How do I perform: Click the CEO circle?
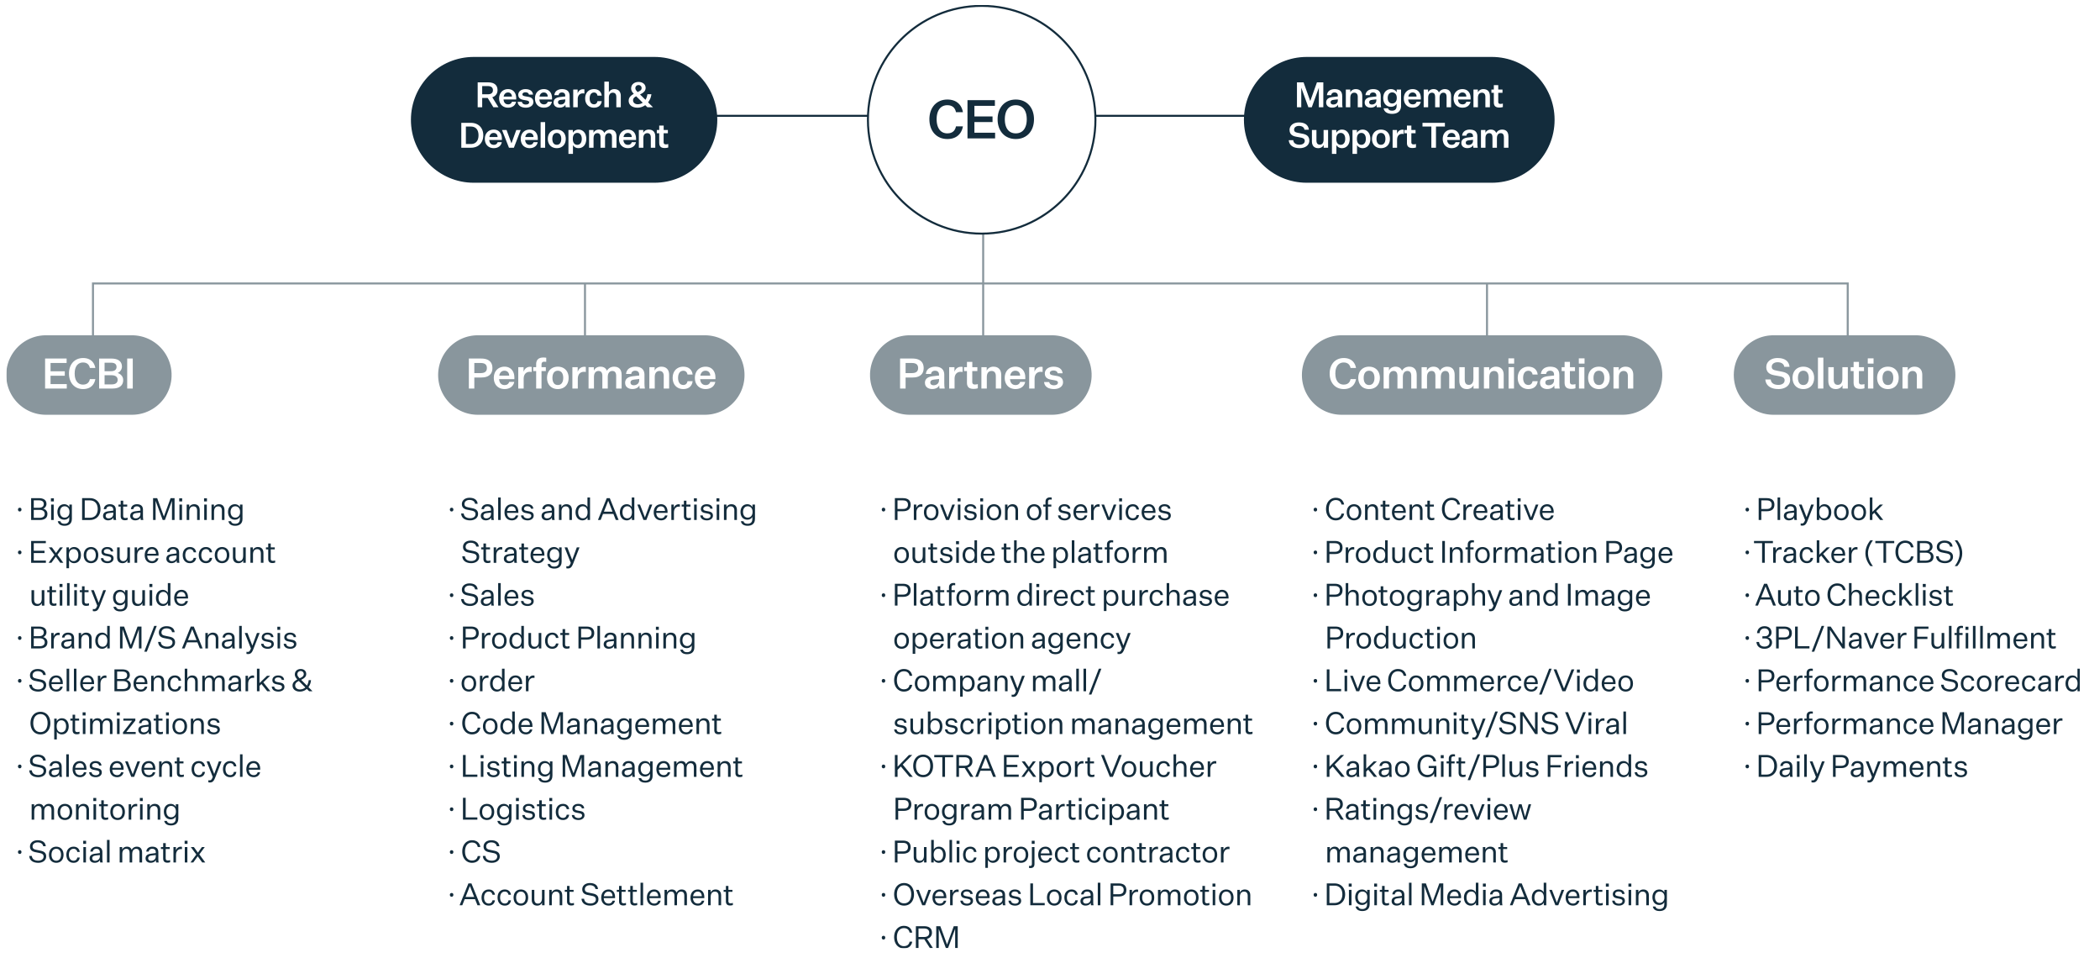[981, 119]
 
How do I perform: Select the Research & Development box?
[564, 118]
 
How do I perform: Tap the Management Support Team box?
[1399, 118]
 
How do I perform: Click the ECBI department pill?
[89, 375]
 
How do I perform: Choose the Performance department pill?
[590, 375]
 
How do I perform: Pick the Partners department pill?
[980, 375]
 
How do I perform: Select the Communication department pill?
[1481, 375]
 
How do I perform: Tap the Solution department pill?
[1844, 375]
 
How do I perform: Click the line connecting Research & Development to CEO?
[792, 115]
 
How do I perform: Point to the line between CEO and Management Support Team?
[1169, 115]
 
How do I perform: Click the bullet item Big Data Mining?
[136, 510]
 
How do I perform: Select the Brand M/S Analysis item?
[163, 639]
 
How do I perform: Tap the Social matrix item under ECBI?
[117, 853]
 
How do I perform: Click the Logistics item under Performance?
[522, 810]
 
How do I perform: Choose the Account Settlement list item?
[596, 896]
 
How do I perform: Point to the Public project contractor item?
[1060, 853]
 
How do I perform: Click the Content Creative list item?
[1439, 510]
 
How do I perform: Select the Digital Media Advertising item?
[1496, 896]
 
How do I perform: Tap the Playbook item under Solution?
[1819, 510]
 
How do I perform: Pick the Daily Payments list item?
[1861, 767]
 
